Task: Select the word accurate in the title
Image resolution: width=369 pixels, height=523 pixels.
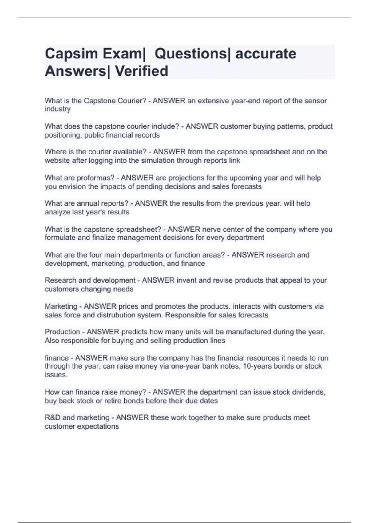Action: tap(266, 54)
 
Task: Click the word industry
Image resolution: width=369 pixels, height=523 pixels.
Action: tap(58, 109)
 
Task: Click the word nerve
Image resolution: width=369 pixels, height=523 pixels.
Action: tap(211, 230)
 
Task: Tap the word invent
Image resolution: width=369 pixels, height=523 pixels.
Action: tap(186, 281)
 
